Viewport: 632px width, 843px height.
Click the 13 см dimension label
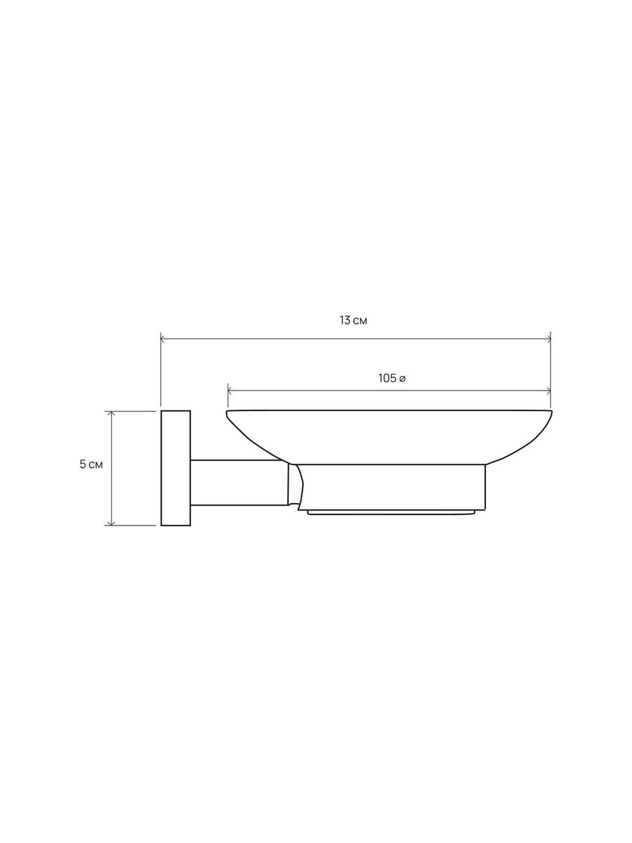[x=353, y=320]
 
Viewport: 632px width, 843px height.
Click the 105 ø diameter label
[x=392, y=378]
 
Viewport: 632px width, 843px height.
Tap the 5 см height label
[x=91, y=464]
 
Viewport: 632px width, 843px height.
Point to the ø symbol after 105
[x=402, y=379]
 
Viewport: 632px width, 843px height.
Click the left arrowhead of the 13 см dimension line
[x=162, y=339]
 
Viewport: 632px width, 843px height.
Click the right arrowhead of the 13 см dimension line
[x=549, y=339]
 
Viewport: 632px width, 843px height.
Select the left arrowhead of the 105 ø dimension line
[x=230, y=391]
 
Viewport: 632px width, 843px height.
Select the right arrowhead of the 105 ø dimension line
[x=549, y=391]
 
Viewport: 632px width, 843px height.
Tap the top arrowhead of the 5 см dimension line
[x=111, y=412]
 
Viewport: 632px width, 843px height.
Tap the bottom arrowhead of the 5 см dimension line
[x=111, y=523]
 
